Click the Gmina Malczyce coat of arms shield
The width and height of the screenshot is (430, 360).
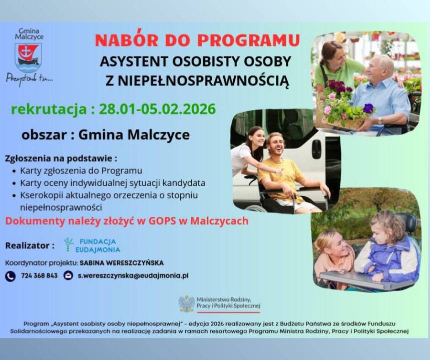tap(28, 57)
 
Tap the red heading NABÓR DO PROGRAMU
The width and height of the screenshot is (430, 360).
tap(197, 40)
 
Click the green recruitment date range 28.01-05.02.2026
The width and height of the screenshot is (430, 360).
tap(157, 109)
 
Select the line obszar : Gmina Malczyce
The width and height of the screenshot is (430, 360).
tap(106, 135)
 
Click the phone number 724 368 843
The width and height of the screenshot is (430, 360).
tap(40, 275)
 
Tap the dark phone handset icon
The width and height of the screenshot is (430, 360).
tap(10, 276)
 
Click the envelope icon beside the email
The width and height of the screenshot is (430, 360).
tap(68, 275)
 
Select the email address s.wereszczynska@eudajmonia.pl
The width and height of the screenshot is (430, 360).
tap(133, 275)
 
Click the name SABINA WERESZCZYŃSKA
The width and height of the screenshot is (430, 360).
tap(122, 263)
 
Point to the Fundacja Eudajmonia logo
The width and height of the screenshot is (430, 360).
tap(92, 245)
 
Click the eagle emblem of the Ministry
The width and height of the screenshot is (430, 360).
tap(187, 303)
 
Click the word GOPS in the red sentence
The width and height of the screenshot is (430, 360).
tap(162, 221)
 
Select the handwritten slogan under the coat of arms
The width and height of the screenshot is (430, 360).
tap(30, 79)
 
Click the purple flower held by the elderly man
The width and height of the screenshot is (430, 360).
tap(368, 108)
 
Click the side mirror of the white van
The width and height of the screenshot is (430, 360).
tap(317, 149)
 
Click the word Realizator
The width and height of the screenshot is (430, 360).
tap(28, 245)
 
